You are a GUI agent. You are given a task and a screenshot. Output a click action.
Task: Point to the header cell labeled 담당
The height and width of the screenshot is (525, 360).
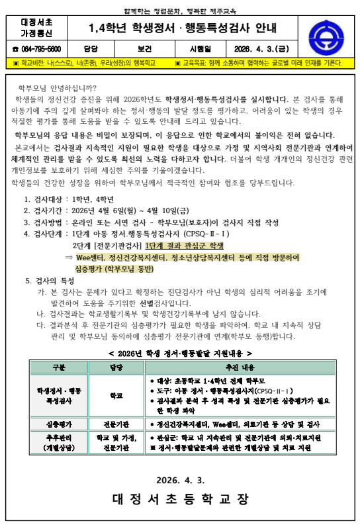(91, 48)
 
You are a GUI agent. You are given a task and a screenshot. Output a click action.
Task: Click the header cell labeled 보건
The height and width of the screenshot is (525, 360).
(146, 48)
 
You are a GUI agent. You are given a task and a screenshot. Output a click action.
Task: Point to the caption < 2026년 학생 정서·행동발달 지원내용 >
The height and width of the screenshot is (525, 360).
(180, 354)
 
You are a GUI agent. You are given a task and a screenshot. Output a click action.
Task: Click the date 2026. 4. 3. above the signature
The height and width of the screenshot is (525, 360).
(180, 480)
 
